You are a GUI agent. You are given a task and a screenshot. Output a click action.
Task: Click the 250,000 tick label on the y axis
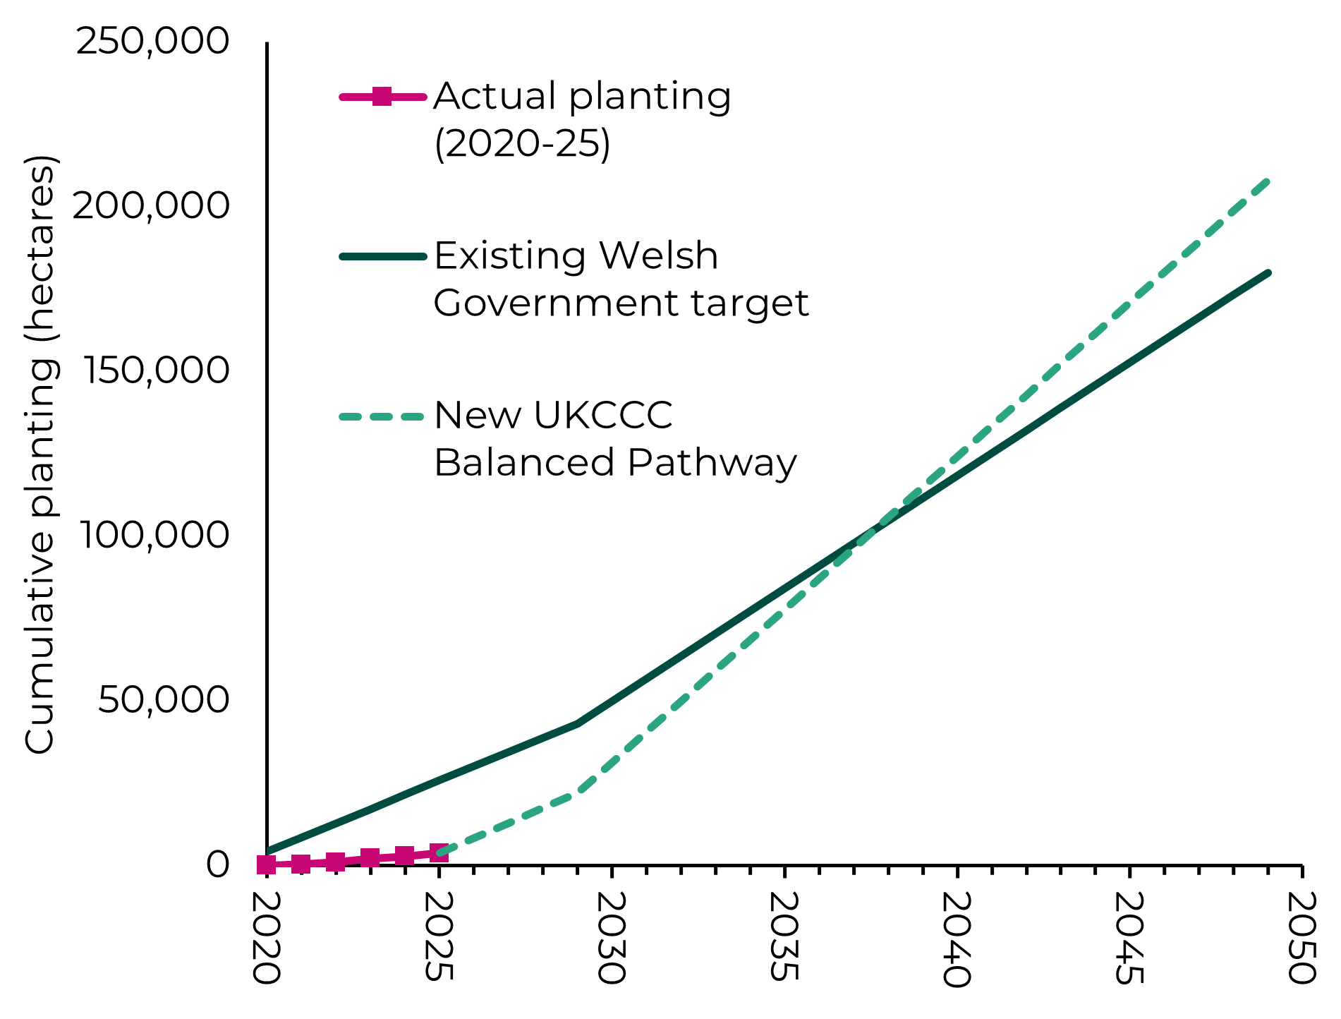(x=152, y=41)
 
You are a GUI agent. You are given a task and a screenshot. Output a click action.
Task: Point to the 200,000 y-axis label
(x=151, y=205)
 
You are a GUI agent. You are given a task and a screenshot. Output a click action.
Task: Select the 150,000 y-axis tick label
(x=156, y=370)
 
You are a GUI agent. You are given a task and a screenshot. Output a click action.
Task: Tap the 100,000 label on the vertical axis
(x=154, y=534)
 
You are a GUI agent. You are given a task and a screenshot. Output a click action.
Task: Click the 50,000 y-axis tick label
(x=164, y=699)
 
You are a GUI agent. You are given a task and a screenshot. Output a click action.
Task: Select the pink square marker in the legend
(x=382, y=96)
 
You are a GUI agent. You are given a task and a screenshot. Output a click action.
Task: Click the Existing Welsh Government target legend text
(x=621, y=279)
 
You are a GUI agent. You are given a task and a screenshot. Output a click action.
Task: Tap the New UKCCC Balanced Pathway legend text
(x=615, y=438)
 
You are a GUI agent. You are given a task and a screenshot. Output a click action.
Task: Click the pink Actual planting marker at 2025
(x=439, y=852)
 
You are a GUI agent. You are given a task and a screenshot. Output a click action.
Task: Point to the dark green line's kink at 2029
(x=577, y=724)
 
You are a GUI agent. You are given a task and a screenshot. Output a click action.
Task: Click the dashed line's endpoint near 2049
(x=1268, y=181)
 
